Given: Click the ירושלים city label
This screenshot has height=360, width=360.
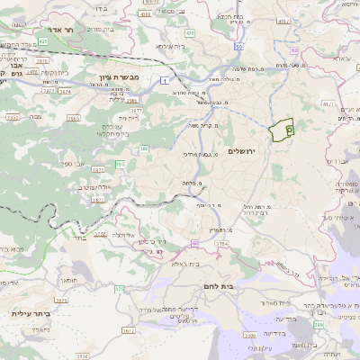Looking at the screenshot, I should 243,150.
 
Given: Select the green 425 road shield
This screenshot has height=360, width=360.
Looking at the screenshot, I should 43,41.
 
